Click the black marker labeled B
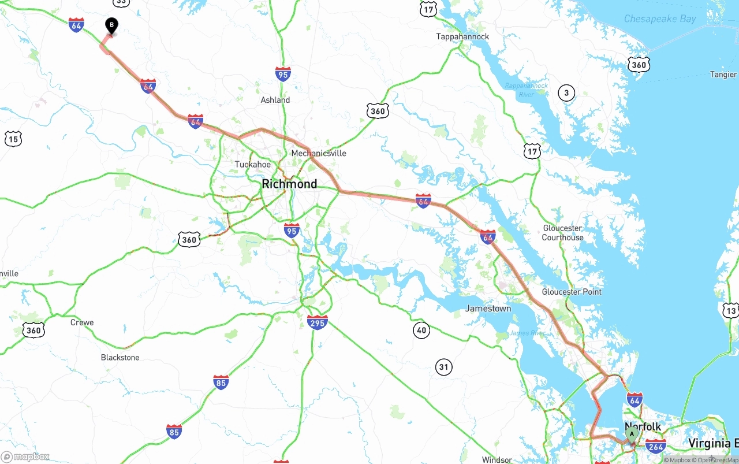pos(111,25)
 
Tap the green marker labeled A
pos(632,434)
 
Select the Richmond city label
pos(289,184)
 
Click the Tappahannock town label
pos(462,36)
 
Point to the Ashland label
pos(275,100)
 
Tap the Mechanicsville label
pos(319,153)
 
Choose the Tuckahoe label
pos(252,165)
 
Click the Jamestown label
pos(488,309)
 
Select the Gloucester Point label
pos(572,292)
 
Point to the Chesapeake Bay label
pos(660,19)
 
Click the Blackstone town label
pos(120,358)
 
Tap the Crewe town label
pos(82,322)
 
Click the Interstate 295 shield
pos(318,322)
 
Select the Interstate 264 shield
pos(655,446)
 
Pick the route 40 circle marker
pos(421,331)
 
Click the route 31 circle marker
pos(443,366)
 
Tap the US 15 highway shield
pos(13,138)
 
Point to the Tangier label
pos(723,75)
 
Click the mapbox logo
pos(25,456)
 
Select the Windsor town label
pos(497,460)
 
